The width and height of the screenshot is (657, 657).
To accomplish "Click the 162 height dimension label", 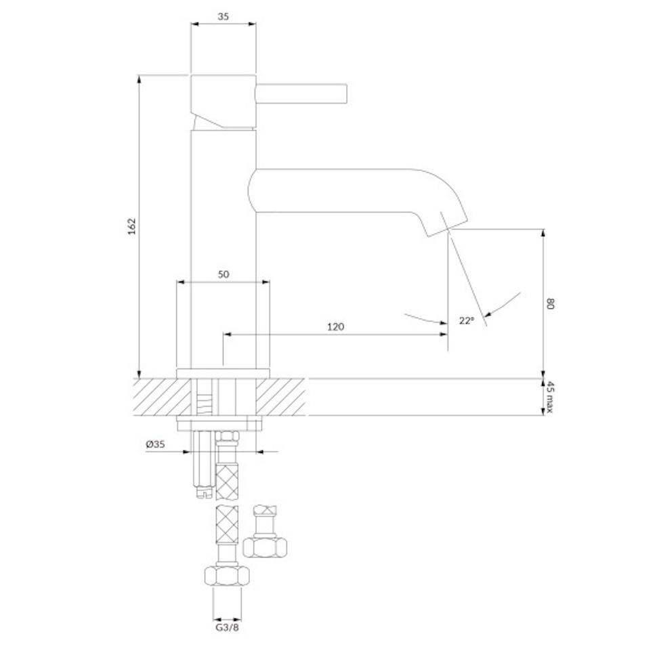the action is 132,226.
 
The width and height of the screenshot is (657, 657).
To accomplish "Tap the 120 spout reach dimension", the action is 335,326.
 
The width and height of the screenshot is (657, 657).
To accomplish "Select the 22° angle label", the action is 467,320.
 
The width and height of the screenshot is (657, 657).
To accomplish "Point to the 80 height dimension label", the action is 550,304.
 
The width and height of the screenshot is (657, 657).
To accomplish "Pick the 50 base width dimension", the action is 224,274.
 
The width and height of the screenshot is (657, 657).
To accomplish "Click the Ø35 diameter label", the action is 156,444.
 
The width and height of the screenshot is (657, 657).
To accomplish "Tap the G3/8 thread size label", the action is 227,627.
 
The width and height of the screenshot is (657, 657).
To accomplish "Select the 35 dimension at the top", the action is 224,16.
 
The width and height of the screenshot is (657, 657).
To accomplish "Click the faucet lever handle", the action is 301,93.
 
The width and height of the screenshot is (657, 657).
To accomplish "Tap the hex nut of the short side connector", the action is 265,548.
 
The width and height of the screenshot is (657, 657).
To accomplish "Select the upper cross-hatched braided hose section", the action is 227,482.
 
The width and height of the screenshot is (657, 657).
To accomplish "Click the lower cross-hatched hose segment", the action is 227,525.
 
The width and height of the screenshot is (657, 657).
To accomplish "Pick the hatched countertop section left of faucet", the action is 163,397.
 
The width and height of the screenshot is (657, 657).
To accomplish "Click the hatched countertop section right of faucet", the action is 280,397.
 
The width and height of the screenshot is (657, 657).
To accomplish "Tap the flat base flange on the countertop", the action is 223,374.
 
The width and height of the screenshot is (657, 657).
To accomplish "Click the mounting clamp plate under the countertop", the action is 219,423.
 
